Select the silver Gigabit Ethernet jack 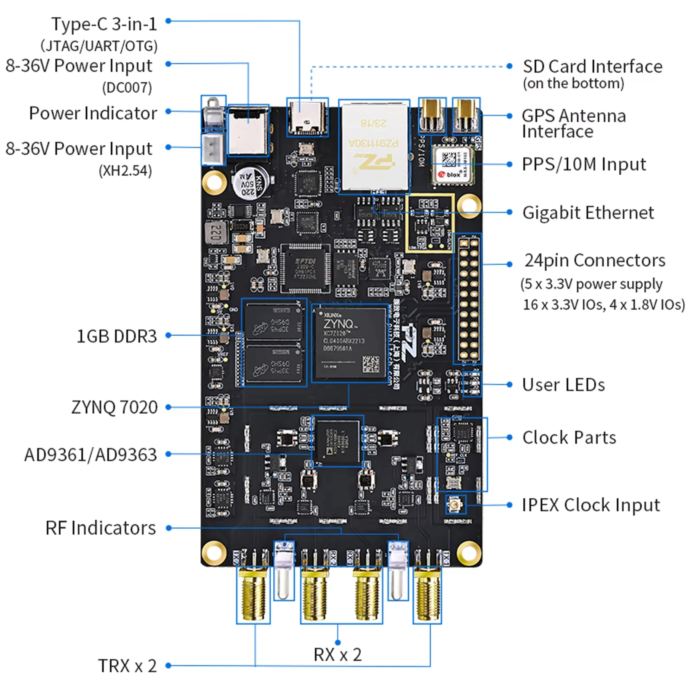coord(375,146)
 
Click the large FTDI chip coord(305,269)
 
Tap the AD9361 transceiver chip coord(338,441)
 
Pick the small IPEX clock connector coord(455,505)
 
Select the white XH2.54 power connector coord(213,148)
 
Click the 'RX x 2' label coord(337,655)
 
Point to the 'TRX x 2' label coord(127,666)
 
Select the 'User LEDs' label coord(563,385)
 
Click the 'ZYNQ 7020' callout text coord(114,407)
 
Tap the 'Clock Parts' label coord(569,438)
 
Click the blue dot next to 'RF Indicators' coord(169,528)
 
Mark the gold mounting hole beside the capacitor coord(215,182)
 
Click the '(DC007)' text coord(127,88)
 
